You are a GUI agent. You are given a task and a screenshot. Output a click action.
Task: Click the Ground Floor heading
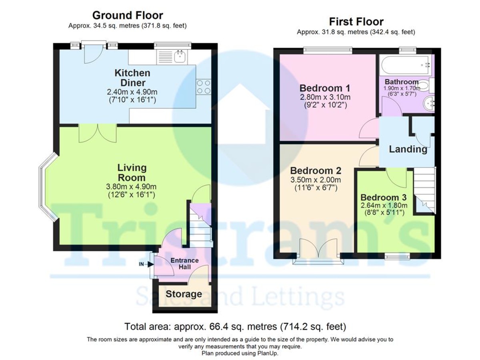tap(128, 16)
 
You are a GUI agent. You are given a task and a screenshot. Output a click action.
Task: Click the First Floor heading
tap(356, 22)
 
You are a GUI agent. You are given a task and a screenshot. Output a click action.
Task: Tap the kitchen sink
tap(180, 57)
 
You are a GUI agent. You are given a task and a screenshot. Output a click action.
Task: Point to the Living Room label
tap(132, 172)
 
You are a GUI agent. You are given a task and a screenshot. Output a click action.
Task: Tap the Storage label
tap(184, 294)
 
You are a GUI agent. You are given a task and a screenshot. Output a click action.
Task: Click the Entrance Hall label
tap(184, 264)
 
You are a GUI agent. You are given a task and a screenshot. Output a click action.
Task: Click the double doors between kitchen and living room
tap(98, 134)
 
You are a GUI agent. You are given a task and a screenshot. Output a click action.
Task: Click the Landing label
tap(408, 150)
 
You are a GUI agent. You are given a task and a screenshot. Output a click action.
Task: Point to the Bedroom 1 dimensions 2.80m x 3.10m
tap(325, 97)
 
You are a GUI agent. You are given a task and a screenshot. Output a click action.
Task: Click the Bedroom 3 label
tap(383, 198)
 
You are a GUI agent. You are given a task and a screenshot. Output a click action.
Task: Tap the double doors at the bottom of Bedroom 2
tap(318, 250)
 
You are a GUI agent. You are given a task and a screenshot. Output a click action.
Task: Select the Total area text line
tap(235, 326)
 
